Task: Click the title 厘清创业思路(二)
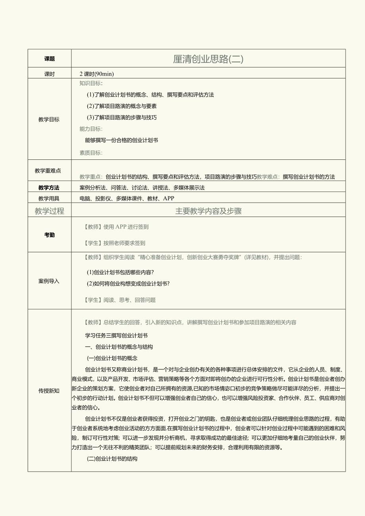(x=208, y=59)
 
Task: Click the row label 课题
(x=50, y=59)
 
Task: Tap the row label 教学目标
(x=49, y=119)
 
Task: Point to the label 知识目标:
(x=91, y=83)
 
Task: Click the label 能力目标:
(x=91, y=129)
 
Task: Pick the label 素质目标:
(x=91, y=153)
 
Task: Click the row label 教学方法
(x=49, y=188)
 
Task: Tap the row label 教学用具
(x=49, y=198)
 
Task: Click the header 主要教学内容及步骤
(x=208, y=211)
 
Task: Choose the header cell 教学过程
(x=49, y=211)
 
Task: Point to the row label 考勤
(x=50, y=235)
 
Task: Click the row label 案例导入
(x=49, y=281)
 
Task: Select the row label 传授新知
(x=49, y=391)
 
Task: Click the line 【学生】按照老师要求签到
(x=115, y=243)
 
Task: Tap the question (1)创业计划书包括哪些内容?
(x=120, y=272)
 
